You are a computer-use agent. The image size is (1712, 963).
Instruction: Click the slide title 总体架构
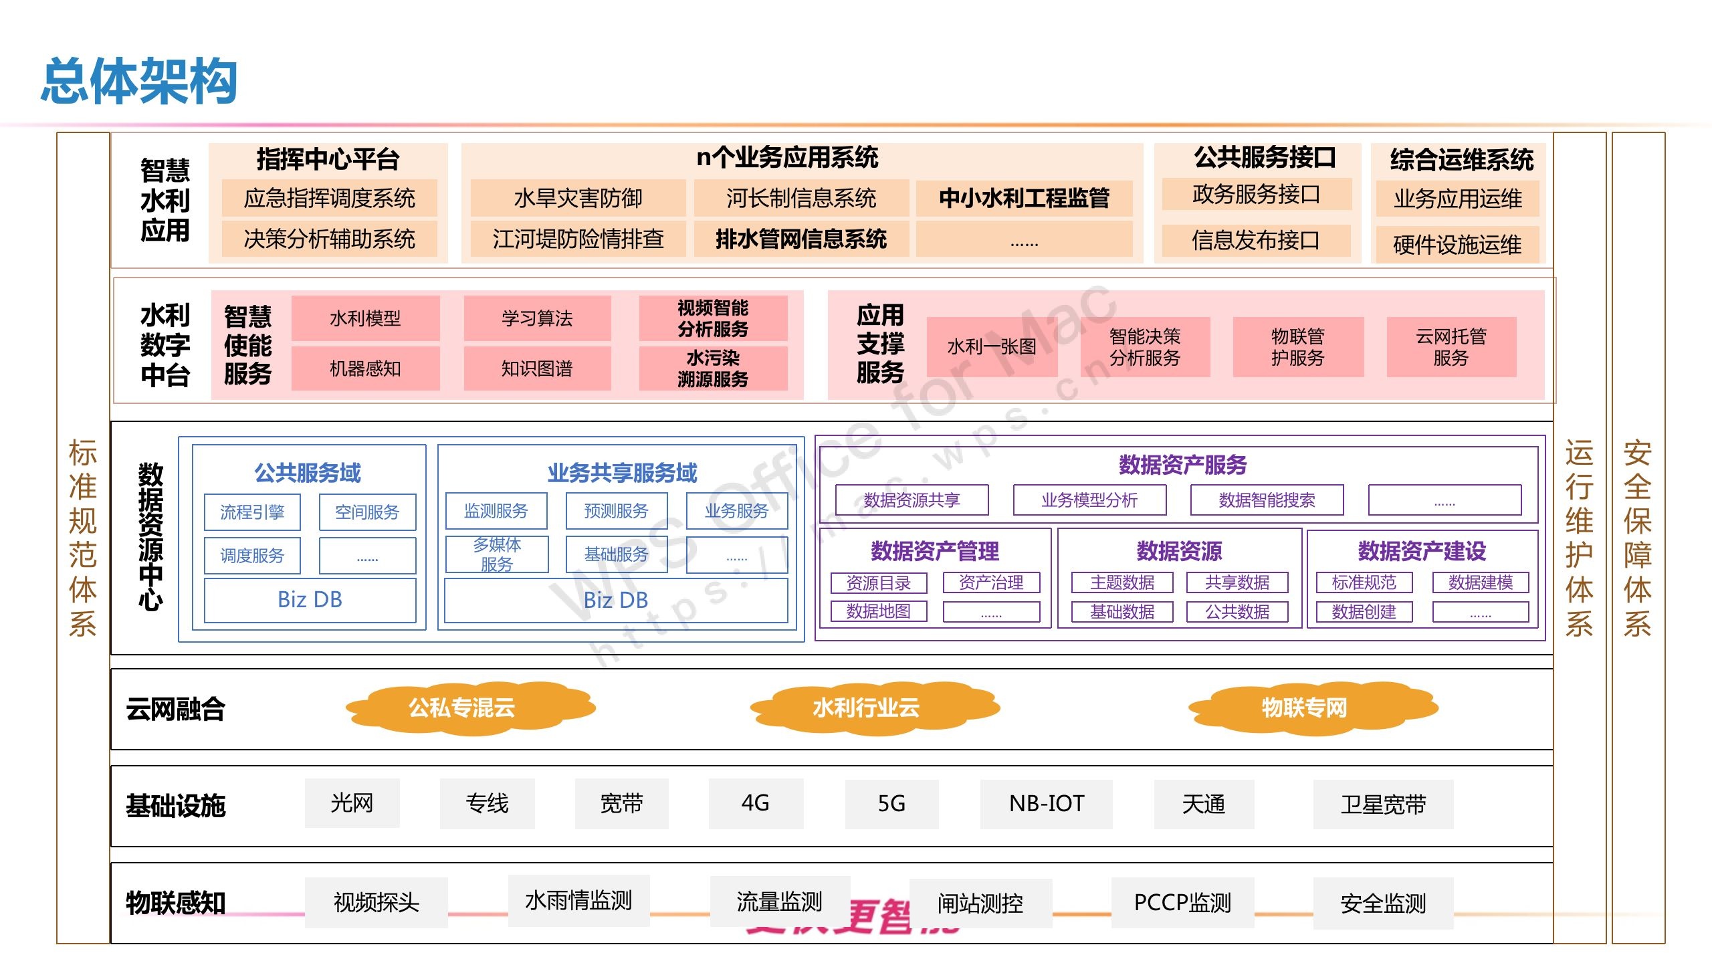pyautogui.click(x=139, y=81)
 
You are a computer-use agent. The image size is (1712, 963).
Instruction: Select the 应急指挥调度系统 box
pyautogui.click(x=329, y=198)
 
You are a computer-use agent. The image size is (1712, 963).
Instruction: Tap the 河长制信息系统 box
pyautogui.click(x=801, y=198)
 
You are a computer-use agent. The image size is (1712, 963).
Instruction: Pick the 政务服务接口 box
pyautogui.click(x=1256, y=195)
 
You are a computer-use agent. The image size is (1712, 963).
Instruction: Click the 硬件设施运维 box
pyautogui.click(x=1457, y=245)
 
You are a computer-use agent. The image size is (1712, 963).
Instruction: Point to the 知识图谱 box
pyautogui.click(x=537, y=368)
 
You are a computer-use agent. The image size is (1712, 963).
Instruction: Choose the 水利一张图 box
pyautogui.click(x=992, y=347)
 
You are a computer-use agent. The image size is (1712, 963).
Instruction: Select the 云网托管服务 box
pyautogui.click(x=1451, y=347)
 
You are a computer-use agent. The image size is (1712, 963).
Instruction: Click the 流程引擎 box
pyautogui.click(x=252, y=512)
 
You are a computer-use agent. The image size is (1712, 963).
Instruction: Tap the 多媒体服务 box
pyautogui.click(x=497, y=554)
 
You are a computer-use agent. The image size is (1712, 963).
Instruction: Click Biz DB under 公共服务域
pyautogui.click(x=310, y=600)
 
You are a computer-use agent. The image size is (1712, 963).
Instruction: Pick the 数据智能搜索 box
pyautogui.click(x=1267, y=500)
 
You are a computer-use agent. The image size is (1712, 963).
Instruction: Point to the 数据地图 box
pyautogui.click(x=878, y=611)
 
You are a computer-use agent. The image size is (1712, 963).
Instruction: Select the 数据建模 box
pyautogui.click(x=1480, y=582)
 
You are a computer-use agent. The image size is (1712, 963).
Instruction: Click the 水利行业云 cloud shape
pyautogui.click(x=866, y=708)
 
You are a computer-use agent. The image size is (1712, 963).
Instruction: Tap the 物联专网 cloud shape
pyautogui.click(x=1304, y=708)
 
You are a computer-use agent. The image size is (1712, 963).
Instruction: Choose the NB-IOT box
pyautogui.click(x=1046, y=804)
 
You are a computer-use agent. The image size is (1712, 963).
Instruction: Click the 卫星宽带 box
pyautogui.click(x=1383, y=805)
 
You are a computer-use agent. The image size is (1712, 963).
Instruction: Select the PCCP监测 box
pyautogui.click(x=1182, y=903)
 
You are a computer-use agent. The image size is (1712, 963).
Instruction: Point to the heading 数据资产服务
pyautogui.click(x=1182, y=465)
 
